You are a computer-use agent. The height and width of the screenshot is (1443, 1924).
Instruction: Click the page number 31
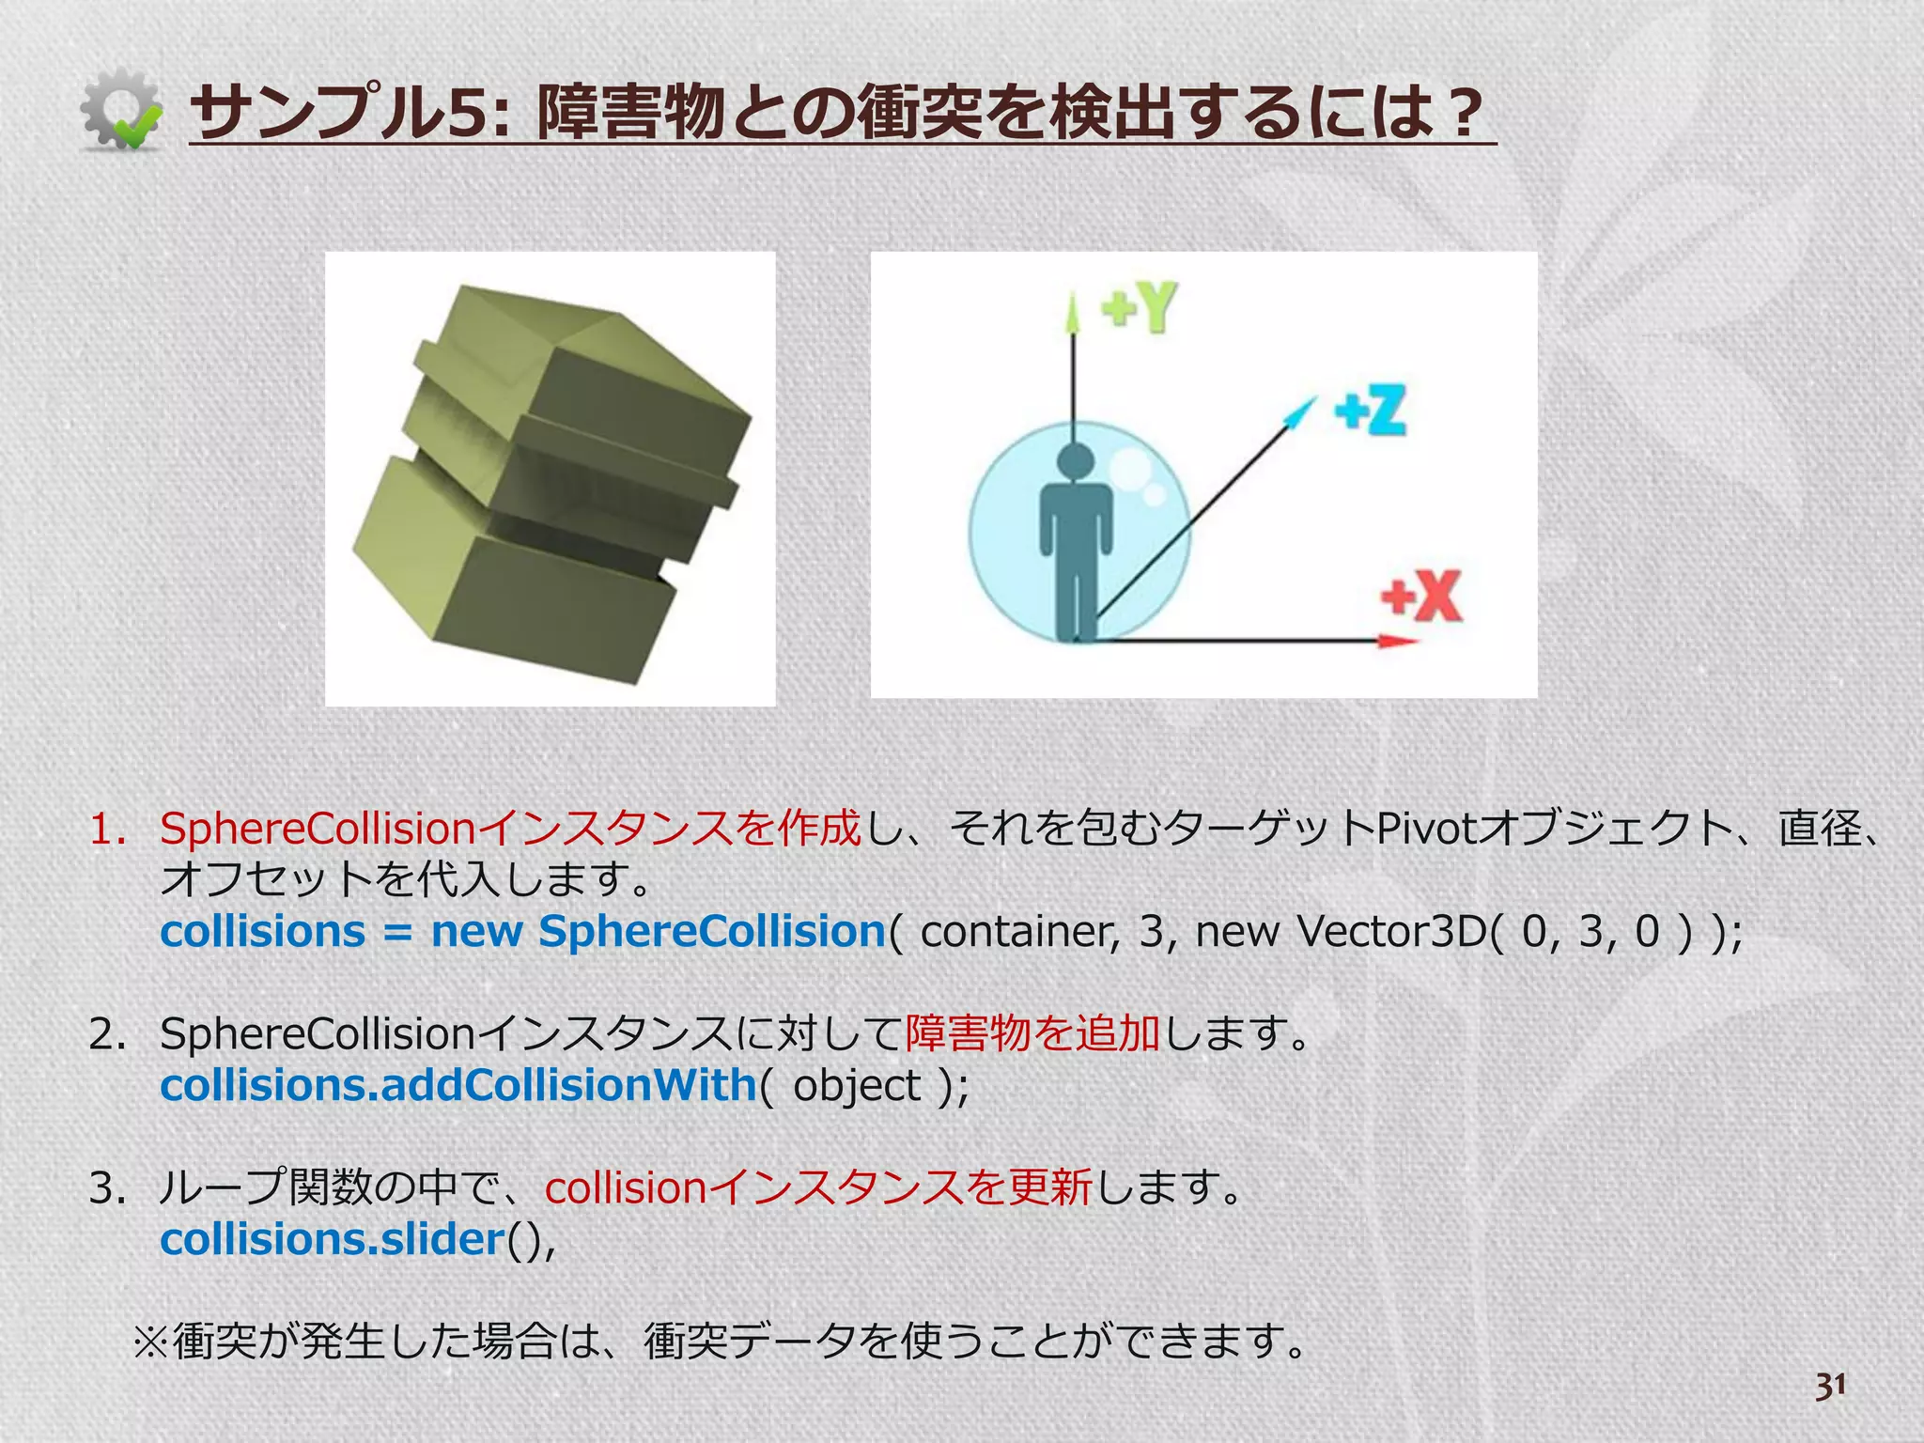pos(1830,1386)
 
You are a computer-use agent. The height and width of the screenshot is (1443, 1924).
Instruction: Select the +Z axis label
pos(1371,411)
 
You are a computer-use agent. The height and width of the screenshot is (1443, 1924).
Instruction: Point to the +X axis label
pos(1421,596)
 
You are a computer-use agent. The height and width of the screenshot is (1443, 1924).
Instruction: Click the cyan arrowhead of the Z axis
pos(1302,411)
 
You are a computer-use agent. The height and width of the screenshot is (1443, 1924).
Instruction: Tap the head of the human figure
pos(1076,464)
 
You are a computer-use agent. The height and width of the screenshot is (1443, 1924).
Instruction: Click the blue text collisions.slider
pos(333,1239)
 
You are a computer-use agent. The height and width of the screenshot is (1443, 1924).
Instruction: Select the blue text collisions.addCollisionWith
pos(458,1085)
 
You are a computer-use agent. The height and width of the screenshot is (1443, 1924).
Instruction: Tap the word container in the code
pos(1020,931)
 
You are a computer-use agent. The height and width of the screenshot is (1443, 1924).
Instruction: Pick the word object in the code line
pos(857,1086)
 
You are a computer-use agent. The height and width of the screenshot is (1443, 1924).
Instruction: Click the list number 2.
pos(107,1034)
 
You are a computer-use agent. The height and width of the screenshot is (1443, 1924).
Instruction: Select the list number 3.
pos(107,1188)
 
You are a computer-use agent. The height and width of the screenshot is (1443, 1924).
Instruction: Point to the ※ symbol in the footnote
pos(150,1341)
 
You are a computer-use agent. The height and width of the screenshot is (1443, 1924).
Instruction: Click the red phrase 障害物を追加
pos(1032,1033)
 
